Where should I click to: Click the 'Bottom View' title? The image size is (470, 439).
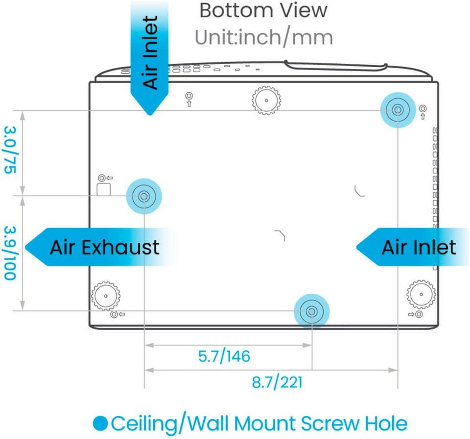point(263,10)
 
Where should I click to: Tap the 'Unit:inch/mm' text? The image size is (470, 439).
point(264,38)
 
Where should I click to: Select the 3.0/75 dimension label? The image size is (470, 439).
point(10,150)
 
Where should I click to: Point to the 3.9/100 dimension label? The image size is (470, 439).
point(10,253)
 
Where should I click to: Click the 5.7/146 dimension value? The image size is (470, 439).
point(224,356)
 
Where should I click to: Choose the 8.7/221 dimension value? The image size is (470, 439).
point(277,382)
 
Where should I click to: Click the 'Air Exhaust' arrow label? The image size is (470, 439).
point(100,247)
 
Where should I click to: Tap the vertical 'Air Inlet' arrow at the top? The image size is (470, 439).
point(150,57)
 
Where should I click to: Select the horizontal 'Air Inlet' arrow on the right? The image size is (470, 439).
point(413,247)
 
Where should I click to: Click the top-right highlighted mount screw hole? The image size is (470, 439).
point(398,110)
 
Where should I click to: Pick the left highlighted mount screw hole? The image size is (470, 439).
point(144,196)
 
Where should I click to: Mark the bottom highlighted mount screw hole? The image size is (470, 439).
point(311,311)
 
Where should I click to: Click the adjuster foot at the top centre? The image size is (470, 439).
point(266,100)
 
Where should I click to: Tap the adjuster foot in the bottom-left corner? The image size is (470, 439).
point(106,296)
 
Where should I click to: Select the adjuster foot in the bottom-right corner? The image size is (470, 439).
point(421,294)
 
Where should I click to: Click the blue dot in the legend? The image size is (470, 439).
point(100,423)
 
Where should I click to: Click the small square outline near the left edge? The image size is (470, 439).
point(104,189)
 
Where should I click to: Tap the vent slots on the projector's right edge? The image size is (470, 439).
point(435,198)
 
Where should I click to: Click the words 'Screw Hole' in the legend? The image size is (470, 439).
point(354,423)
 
